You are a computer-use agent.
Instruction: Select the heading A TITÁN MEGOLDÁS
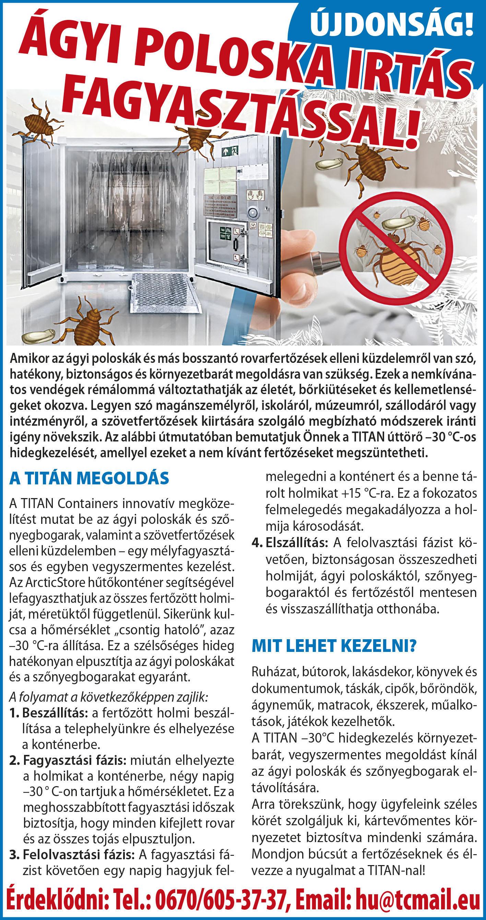point(89,479)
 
